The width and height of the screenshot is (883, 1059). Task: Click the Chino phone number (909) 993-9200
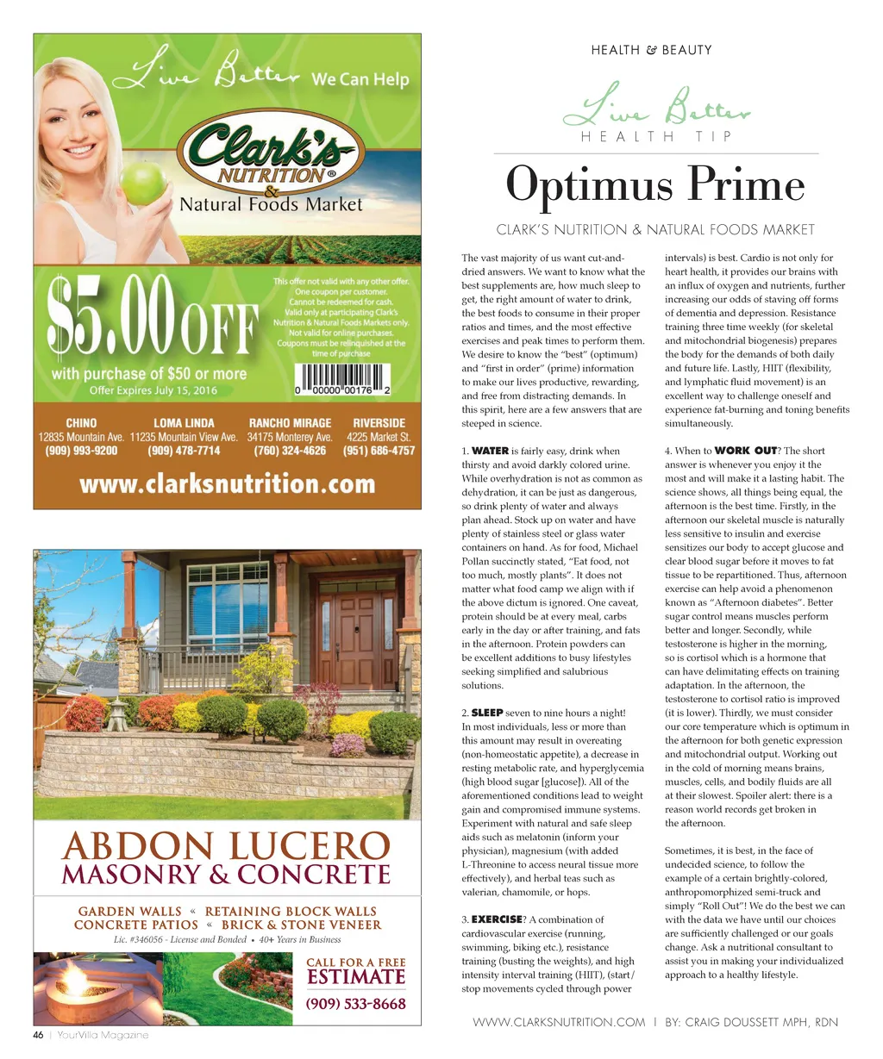tap(81, 451)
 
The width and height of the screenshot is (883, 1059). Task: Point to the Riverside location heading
tap(379, 423)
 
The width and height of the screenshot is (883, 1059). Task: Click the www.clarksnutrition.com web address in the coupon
tap(227, 483)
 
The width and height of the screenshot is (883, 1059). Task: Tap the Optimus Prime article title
tap(655, 185)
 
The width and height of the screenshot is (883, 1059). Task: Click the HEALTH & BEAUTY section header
tap(651, 50)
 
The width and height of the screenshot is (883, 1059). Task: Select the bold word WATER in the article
tap(490, 451)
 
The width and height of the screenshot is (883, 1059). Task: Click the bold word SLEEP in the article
tap(487, 713)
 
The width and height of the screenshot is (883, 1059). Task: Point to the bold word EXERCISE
tap(497, 919)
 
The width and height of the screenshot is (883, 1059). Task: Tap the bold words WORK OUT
tap(746, 451)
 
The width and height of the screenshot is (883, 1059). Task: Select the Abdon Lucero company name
tap(227, 846)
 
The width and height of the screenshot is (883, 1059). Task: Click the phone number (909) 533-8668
tap(356, 1004)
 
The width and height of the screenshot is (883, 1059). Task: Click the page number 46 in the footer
tap(38, 1035)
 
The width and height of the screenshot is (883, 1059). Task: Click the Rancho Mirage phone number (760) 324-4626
tap(290, 451)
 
